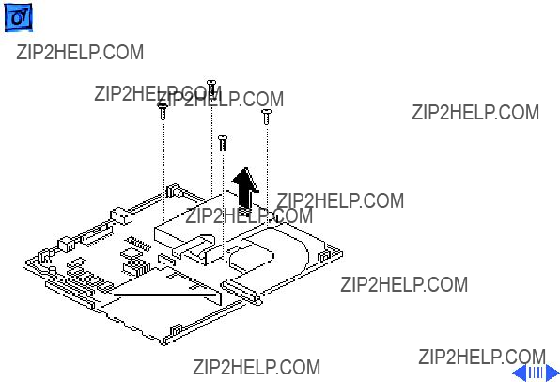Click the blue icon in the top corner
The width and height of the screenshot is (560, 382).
point(18,18)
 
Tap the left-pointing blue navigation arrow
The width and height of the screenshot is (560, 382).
point(520,373)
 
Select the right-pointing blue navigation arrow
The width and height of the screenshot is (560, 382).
point(552,373)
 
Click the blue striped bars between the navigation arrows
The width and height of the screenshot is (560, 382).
point(536,373)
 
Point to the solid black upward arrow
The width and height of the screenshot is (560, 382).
point(245,188)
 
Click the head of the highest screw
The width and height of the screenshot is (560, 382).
point(211,83)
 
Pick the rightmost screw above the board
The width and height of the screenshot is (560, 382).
point(266,117)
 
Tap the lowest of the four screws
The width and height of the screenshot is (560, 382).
point(223,143)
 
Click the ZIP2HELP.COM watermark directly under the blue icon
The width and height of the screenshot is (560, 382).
point(80,53)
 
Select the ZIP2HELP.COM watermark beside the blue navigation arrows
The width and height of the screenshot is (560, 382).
point(482,357)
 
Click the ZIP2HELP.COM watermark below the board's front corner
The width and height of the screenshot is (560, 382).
point(257,367)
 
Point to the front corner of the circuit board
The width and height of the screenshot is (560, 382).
point(163,344)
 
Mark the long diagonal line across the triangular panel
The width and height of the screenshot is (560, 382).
point(165,295)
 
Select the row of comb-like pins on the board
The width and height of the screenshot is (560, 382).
point(139,244)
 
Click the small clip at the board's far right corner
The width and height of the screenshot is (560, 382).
point(323,257)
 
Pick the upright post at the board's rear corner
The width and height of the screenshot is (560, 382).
point(174,190)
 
